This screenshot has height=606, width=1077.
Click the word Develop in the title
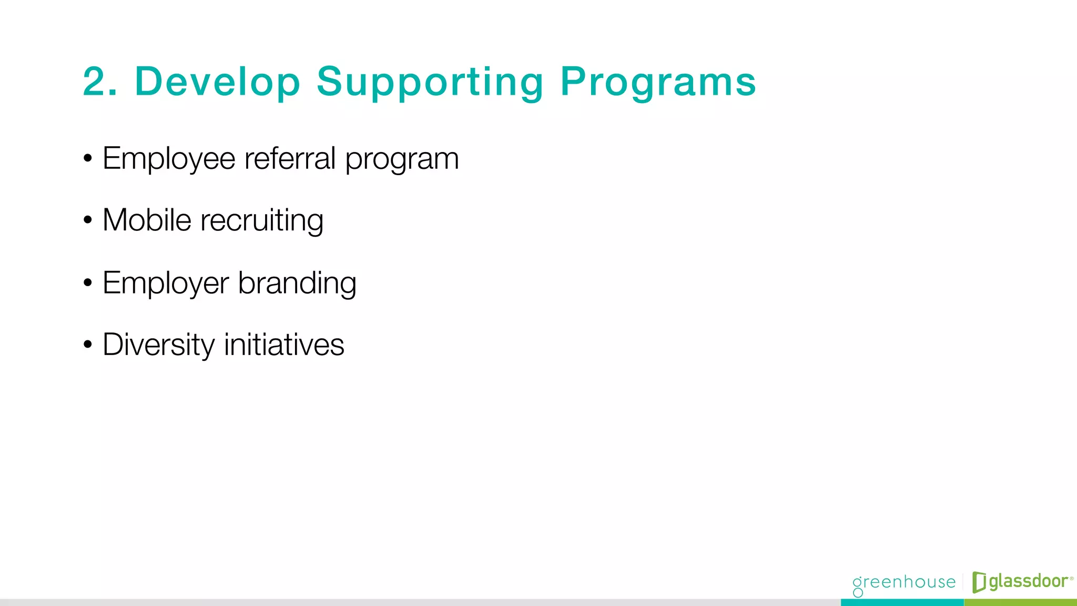(x=217, y=82)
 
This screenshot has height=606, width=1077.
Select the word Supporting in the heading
(x=430, y=83)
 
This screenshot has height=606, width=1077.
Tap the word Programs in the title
(x=658, y=83)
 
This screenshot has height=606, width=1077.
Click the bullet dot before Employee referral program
(x=88, y=158)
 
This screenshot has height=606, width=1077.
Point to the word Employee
(x=169, y=159)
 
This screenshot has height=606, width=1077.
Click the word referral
(x=290, y=158)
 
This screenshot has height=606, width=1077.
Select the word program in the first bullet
(x=402, y=160)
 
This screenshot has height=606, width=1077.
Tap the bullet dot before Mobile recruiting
(x=88, y=220)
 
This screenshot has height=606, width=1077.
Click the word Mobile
(x=147, y=220)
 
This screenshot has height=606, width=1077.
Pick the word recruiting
(x=262, y=221)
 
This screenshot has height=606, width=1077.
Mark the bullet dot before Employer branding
(x=88, y=283)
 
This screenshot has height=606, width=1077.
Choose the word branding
(x=297, y=284)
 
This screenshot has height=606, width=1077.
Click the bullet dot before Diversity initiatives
(x=88, y=345)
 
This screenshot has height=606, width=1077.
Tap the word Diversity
(x=159, y=345)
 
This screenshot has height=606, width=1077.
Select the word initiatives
(x=284, y=345)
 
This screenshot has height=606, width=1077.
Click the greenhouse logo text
(x=904, y=583)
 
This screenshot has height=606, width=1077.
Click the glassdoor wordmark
(x=1029, y=582)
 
